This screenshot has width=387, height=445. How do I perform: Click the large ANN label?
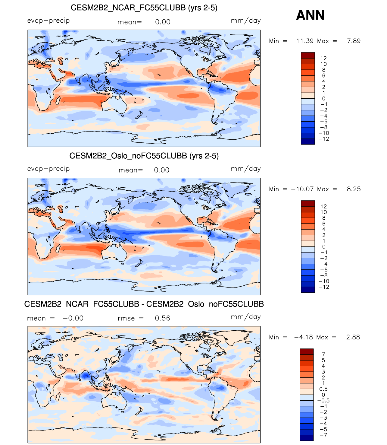pyautogui.click(x=310, y=15)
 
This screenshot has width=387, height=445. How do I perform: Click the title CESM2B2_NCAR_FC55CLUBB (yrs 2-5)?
pyautogui.click(x=144, y=8)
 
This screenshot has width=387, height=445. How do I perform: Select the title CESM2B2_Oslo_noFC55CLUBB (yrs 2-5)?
pyautogui.click(x=144, y=156)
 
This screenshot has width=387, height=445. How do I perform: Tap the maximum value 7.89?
pyautogui.click(x=354, y=41)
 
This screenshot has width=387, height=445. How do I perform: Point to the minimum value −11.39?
pyautogui.click(x=302, y=41)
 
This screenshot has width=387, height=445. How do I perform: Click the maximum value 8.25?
pyautogui.click(x=354, y=189)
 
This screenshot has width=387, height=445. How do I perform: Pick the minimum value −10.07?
pyautogui.click(x=302, y=189)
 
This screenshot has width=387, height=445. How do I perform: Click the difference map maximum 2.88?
pyautogui.click(x=353, y=337)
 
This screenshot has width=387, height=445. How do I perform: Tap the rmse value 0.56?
pyautogui.click(x=162, y=318)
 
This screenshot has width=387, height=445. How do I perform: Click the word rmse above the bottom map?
pyautogui.click(x=126, y=318)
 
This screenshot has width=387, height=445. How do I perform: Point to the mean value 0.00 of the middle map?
pyautogui.click(x=162, y=170)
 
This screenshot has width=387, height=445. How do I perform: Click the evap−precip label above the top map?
pyautogui.click(x=48, y=21)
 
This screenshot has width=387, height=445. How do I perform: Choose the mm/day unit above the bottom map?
pyautogui.click(x=245, y=317)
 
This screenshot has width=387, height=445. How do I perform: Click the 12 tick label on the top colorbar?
pyautogui.click(x=323, y=58)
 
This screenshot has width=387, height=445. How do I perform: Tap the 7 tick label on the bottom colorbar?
pyautogui.click(x=323, y=354)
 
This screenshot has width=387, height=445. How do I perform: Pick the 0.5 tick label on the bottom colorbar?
pyautogui.click(x=323, y=389)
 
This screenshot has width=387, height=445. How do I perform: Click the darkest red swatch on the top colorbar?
pyautogui.click(x=308, y=55)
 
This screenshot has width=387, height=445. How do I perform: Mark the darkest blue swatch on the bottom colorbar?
pyautogui.click(x=307, y=438)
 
